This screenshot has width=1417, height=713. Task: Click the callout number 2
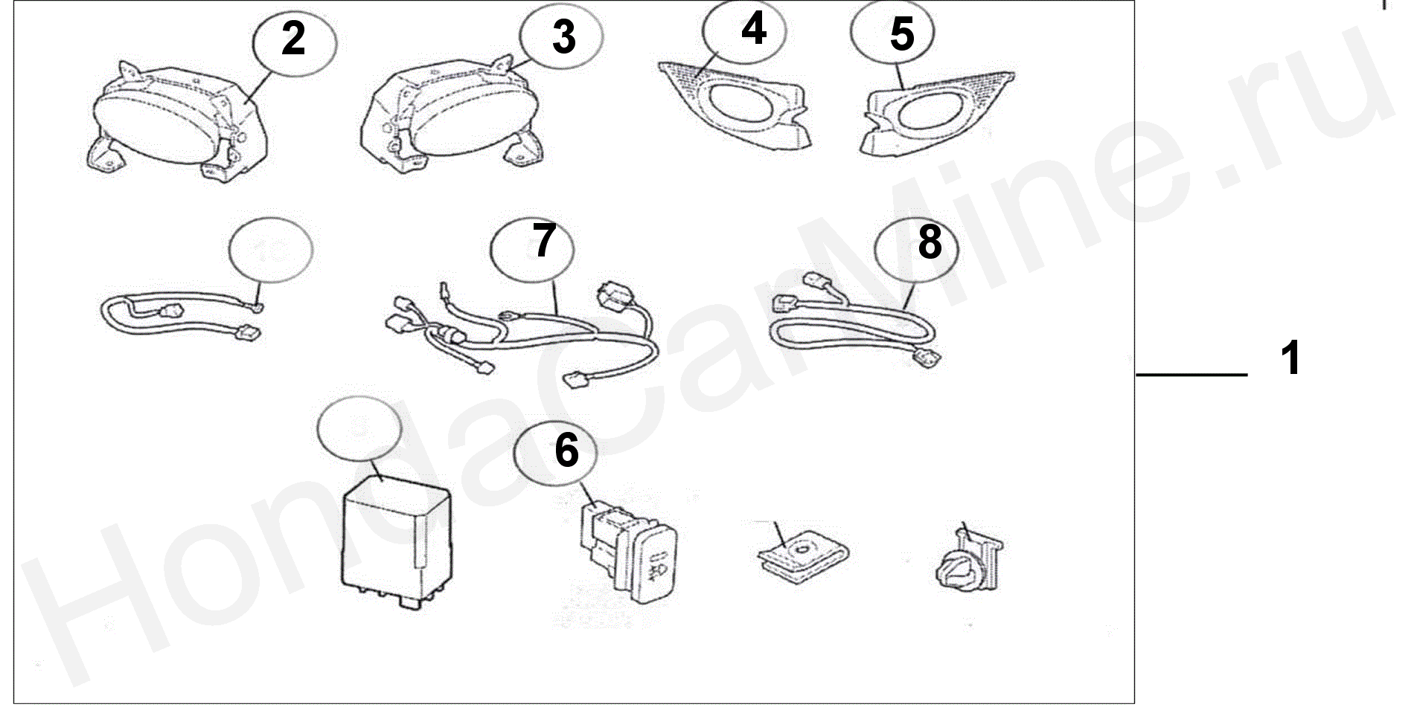pyautogui.click(x=293, y=39)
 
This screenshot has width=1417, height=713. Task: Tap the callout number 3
pyautogui.click(x=563, y=36)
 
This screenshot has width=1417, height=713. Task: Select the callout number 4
pyautogui.click(x=753, y=29)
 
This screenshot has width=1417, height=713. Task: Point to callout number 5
pyautogui.click(x=901, y=34)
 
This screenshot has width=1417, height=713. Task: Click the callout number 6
pyautogui.click(x=566, y=450)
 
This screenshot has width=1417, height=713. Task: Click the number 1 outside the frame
pyautogui.click(x=1290, y=358)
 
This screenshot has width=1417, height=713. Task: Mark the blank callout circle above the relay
pyautogui.click(x=359, y=430)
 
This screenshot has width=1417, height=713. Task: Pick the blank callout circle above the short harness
pyautogui.click(x=271, y=250)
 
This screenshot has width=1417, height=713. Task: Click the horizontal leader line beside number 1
pyautogui.click(x=1191, y=375)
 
